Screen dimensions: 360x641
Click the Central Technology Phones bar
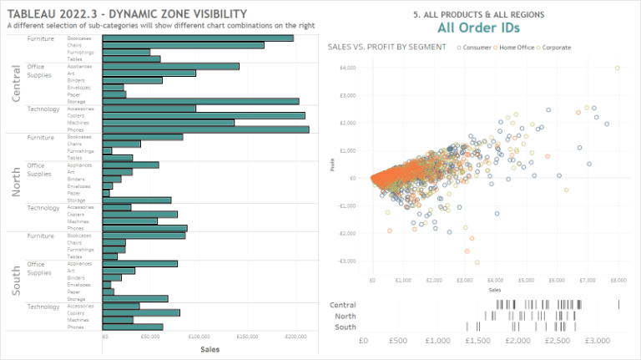pyautogui.click(x=205, y=129)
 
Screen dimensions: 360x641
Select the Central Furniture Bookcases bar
pyautogui.click(x=198, y=38)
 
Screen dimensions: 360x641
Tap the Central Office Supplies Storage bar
pyautogui.click(x=200, y=101)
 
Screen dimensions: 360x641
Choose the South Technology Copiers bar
pyautogui.click(x=141, y=313)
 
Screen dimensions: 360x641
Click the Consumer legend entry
pyautogui.click(x=477, y=48)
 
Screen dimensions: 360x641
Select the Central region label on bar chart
pyautogui.click(x=16, y=84)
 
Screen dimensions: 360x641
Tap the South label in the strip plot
pyautogui.click(x=345, y=327)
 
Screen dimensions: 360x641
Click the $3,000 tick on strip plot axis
pyautogui.click(x=598, y=341)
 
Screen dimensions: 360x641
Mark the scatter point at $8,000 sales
pyautogui.click(x=617, y=68)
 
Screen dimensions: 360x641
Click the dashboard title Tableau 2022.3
pyautogui.click(x=127, y=14)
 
